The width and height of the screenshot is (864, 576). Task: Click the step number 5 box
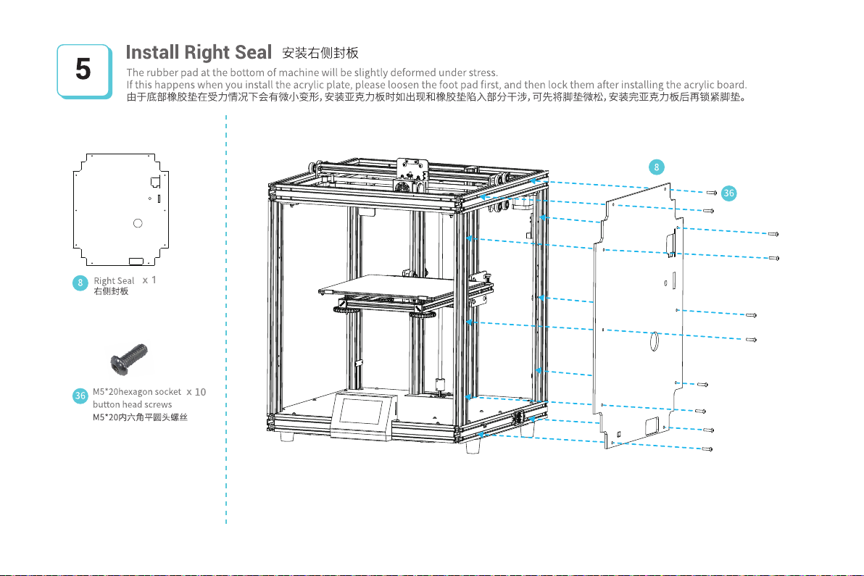[84, 70]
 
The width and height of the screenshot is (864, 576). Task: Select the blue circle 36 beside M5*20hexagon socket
[81, 396]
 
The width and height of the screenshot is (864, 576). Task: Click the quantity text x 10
[196, 392]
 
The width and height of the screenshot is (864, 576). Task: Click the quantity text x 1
[150, 280]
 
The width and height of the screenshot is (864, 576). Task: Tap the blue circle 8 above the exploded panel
[655, 167]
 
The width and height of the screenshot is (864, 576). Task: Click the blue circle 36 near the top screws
[729, 193]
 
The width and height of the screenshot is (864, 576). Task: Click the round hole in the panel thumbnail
[137, 222]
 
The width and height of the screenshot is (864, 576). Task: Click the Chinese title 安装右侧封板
[320, 54]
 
